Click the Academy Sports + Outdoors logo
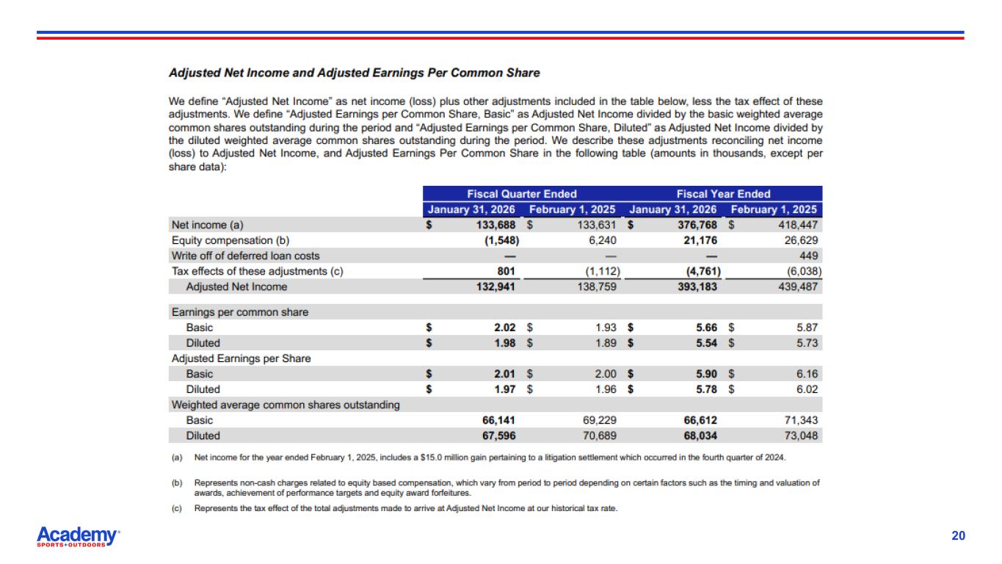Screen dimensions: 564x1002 click(78, 537)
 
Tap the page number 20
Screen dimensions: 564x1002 click(958, 536)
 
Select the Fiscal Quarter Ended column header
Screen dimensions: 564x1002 click(522, 194)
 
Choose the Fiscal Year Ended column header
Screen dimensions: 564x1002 click(723, 194)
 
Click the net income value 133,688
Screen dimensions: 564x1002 click(495, 225)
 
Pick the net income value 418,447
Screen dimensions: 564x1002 click(797, 225)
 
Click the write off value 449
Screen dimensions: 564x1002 click(807, 256)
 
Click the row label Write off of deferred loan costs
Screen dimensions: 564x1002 click(245, 256)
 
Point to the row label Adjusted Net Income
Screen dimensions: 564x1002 click(236, 286)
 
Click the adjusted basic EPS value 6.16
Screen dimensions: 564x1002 click(807, 374)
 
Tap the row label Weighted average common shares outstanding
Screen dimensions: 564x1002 click(286, 405)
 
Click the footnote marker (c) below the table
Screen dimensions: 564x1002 click(176, 508)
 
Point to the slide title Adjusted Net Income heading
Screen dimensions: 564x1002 click(354, 73)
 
